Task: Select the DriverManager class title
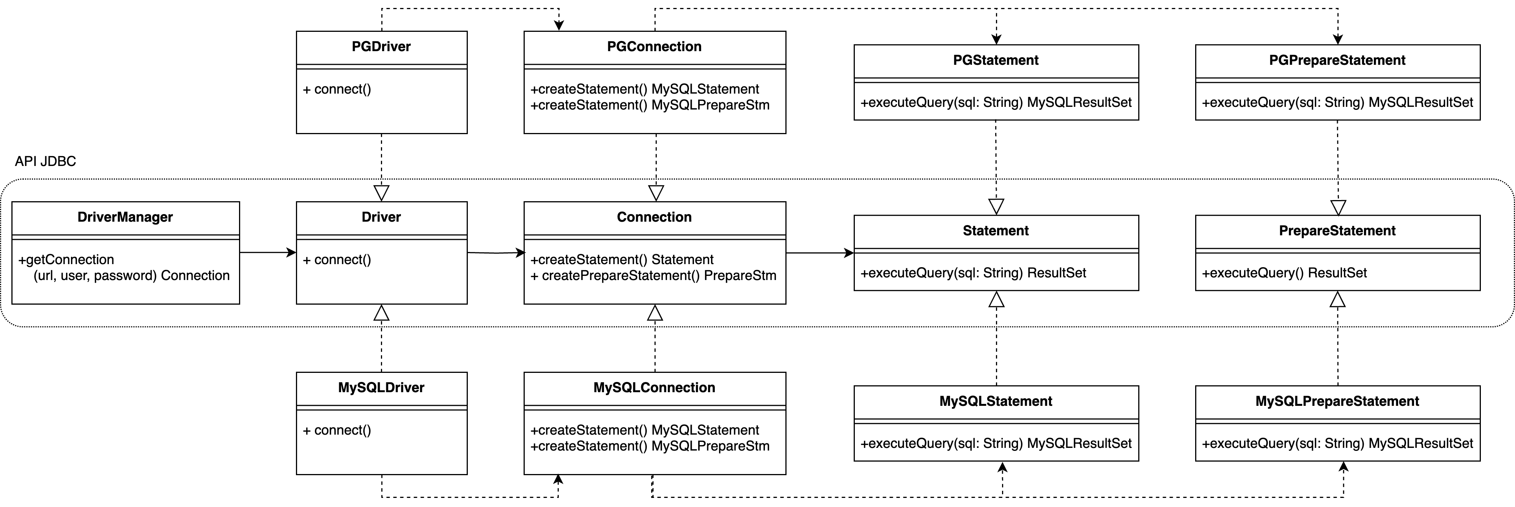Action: (125, 218)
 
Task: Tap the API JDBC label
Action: (45, 161)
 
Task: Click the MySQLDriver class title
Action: (381, 388)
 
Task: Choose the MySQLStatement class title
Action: (995, 401)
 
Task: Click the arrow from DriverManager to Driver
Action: (267, 253)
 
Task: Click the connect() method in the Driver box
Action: (337, 260)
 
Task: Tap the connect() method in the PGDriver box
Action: (337, 89)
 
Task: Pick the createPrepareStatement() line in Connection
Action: (653, 275)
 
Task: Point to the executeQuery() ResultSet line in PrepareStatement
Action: (1284, 273)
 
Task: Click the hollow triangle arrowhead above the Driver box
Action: (382, 193)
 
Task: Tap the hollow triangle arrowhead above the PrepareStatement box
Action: (1338, 207)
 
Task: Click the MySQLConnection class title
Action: (654, 388)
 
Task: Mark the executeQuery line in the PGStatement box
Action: (995, 103)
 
